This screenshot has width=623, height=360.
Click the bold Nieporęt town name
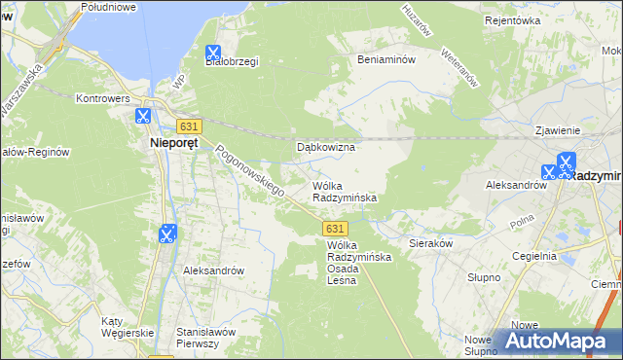pyautogui.click(x=174, y=142)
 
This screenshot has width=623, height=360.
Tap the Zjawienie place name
pyautogui.click(x=558, y=129)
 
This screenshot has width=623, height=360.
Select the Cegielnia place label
pyautogui.click(x=531, y=256)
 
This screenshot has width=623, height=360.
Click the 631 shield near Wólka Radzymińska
pyautogui.click(x=333, y=227)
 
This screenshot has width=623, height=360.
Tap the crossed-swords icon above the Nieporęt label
pyautogui.click(x=143, y=116)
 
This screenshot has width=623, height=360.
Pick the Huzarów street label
pyautogui.click(x=416, y=18)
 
